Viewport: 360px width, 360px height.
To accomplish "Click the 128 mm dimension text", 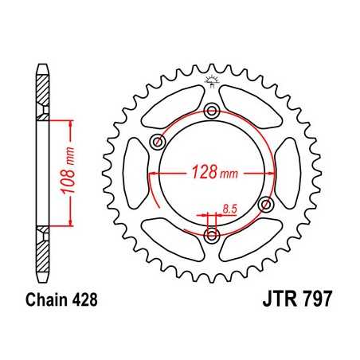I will [209, 172].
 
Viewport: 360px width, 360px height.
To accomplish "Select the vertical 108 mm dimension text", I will [71, 174].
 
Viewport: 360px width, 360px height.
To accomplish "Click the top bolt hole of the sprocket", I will [212, 110].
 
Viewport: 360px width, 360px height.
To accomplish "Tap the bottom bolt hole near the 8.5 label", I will [212, 235].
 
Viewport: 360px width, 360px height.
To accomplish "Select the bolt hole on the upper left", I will [157, 143].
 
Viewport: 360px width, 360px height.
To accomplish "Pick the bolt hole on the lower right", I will [267, 204].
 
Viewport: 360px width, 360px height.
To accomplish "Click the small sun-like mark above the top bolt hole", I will [212, 79].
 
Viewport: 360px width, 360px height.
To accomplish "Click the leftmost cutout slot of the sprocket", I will [133, 172].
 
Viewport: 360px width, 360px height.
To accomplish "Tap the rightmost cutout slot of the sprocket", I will [291, 173].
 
